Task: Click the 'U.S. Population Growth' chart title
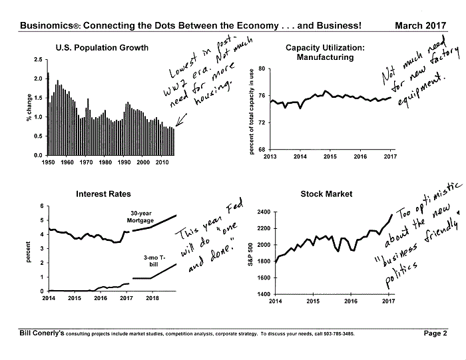tap(102, 48)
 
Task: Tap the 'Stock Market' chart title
tap(326, 194)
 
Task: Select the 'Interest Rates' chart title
tap(103, 194)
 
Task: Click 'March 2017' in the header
tap(421, 25)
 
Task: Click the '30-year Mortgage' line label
tap(140, 217)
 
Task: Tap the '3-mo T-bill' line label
tap(154, 261)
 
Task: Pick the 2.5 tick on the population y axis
tap(39, 60)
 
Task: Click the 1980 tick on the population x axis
tap(105, 162)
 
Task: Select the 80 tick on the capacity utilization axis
tap(262, 69)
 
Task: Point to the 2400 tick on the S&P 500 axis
tap(264, 212)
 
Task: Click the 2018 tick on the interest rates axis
tap(152, 298)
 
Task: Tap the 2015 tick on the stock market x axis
tap(313, 301)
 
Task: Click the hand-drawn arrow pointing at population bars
tap(181, 120)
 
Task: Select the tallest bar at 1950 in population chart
tap(48, 114)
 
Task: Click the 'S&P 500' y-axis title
tap(250, 255)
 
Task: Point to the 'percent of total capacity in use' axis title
tap(252, 112)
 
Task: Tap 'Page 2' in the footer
tap(435, 333)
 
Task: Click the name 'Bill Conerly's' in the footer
tap(42, 333)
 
